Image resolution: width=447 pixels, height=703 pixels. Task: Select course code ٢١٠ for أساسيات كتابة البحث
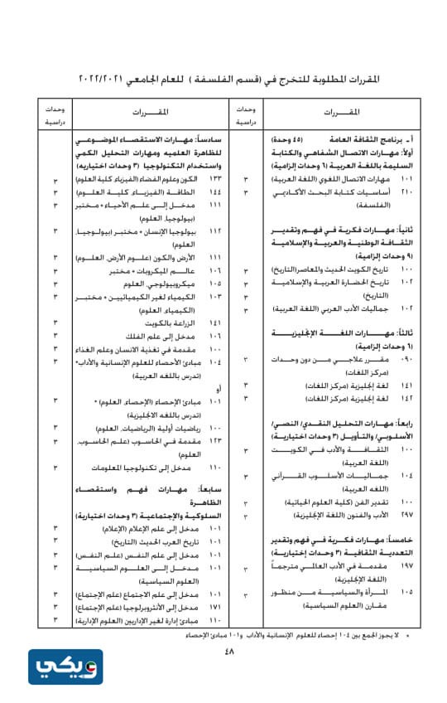(x=406, y=192)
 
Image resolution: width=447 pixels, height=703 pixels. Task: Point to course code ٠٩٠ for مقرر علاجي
(x=406, y=360)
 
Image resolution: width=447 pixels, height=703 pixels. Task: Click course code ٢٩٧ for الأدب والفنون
(x=406, y=515)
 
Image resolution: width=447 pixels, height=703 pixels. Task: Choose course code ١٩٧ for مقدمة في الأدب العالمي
(x=406, y=565)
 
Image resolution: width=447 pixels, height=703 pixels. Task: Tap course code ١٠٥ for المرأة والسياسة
(x=406, y=593)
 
